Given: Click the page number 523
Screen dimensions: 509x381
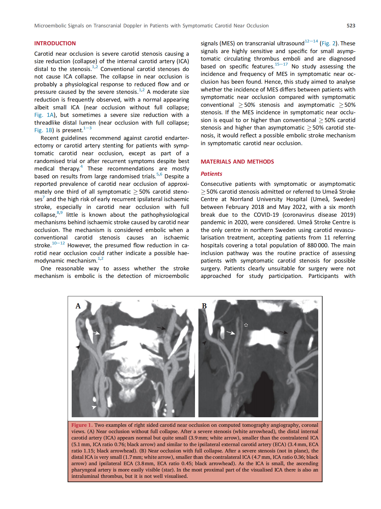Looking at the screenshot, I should [351, 26].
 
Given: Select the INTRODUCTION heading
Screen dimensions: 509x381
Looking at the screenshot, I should [55, 43].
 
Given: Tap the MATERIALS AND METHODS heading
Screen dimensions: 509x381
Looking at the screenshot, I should [237, 162].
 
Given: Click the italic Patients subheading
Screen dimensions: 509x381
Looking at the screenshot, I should [211, 174].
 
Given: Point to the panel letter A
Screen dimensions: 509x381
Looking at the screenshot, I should [78, 306].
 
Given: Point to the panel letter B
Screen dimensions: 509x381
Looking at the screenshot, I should [204, 306].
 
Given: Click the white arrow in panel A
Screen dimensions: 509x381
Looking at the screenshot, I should [96, 333].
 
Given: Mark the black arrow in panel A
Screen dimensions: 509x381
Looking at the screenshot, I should [161, 328].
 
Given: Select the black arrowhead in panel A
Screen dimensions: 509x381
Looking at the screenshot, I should [78, 347].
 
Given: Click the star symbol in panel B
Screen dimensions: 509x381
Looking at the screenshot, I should [246, 325].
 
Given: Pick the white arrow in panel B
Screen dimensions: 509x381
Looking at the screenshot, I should [231, 333].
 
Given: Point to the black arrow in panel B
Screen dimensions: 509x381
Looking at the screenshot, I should [284, 332].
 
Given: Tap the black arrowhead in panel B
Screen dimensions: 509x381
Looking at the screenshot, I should [204, 343].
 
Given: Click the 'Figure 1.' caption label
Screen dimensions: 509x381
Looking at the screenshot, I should [82, 425].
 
